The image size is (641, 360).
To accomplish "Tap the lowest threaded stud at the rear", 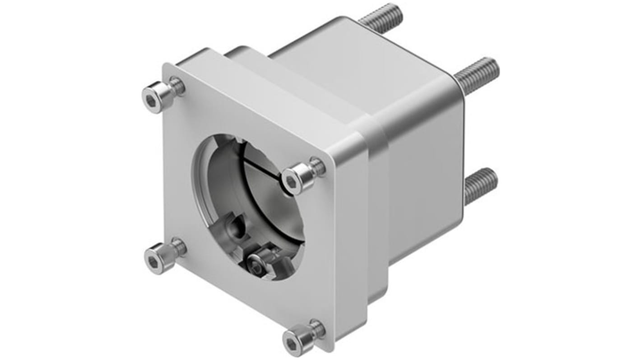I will pyautogui.click(x=481, y=184).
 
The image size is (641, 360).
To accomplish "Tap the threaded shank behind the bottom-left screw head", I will pyautogui.click(x=179, y=247).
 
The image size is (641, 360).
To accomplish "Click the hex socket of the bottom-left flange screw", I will pyautogui.click(x=153, y=262).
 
